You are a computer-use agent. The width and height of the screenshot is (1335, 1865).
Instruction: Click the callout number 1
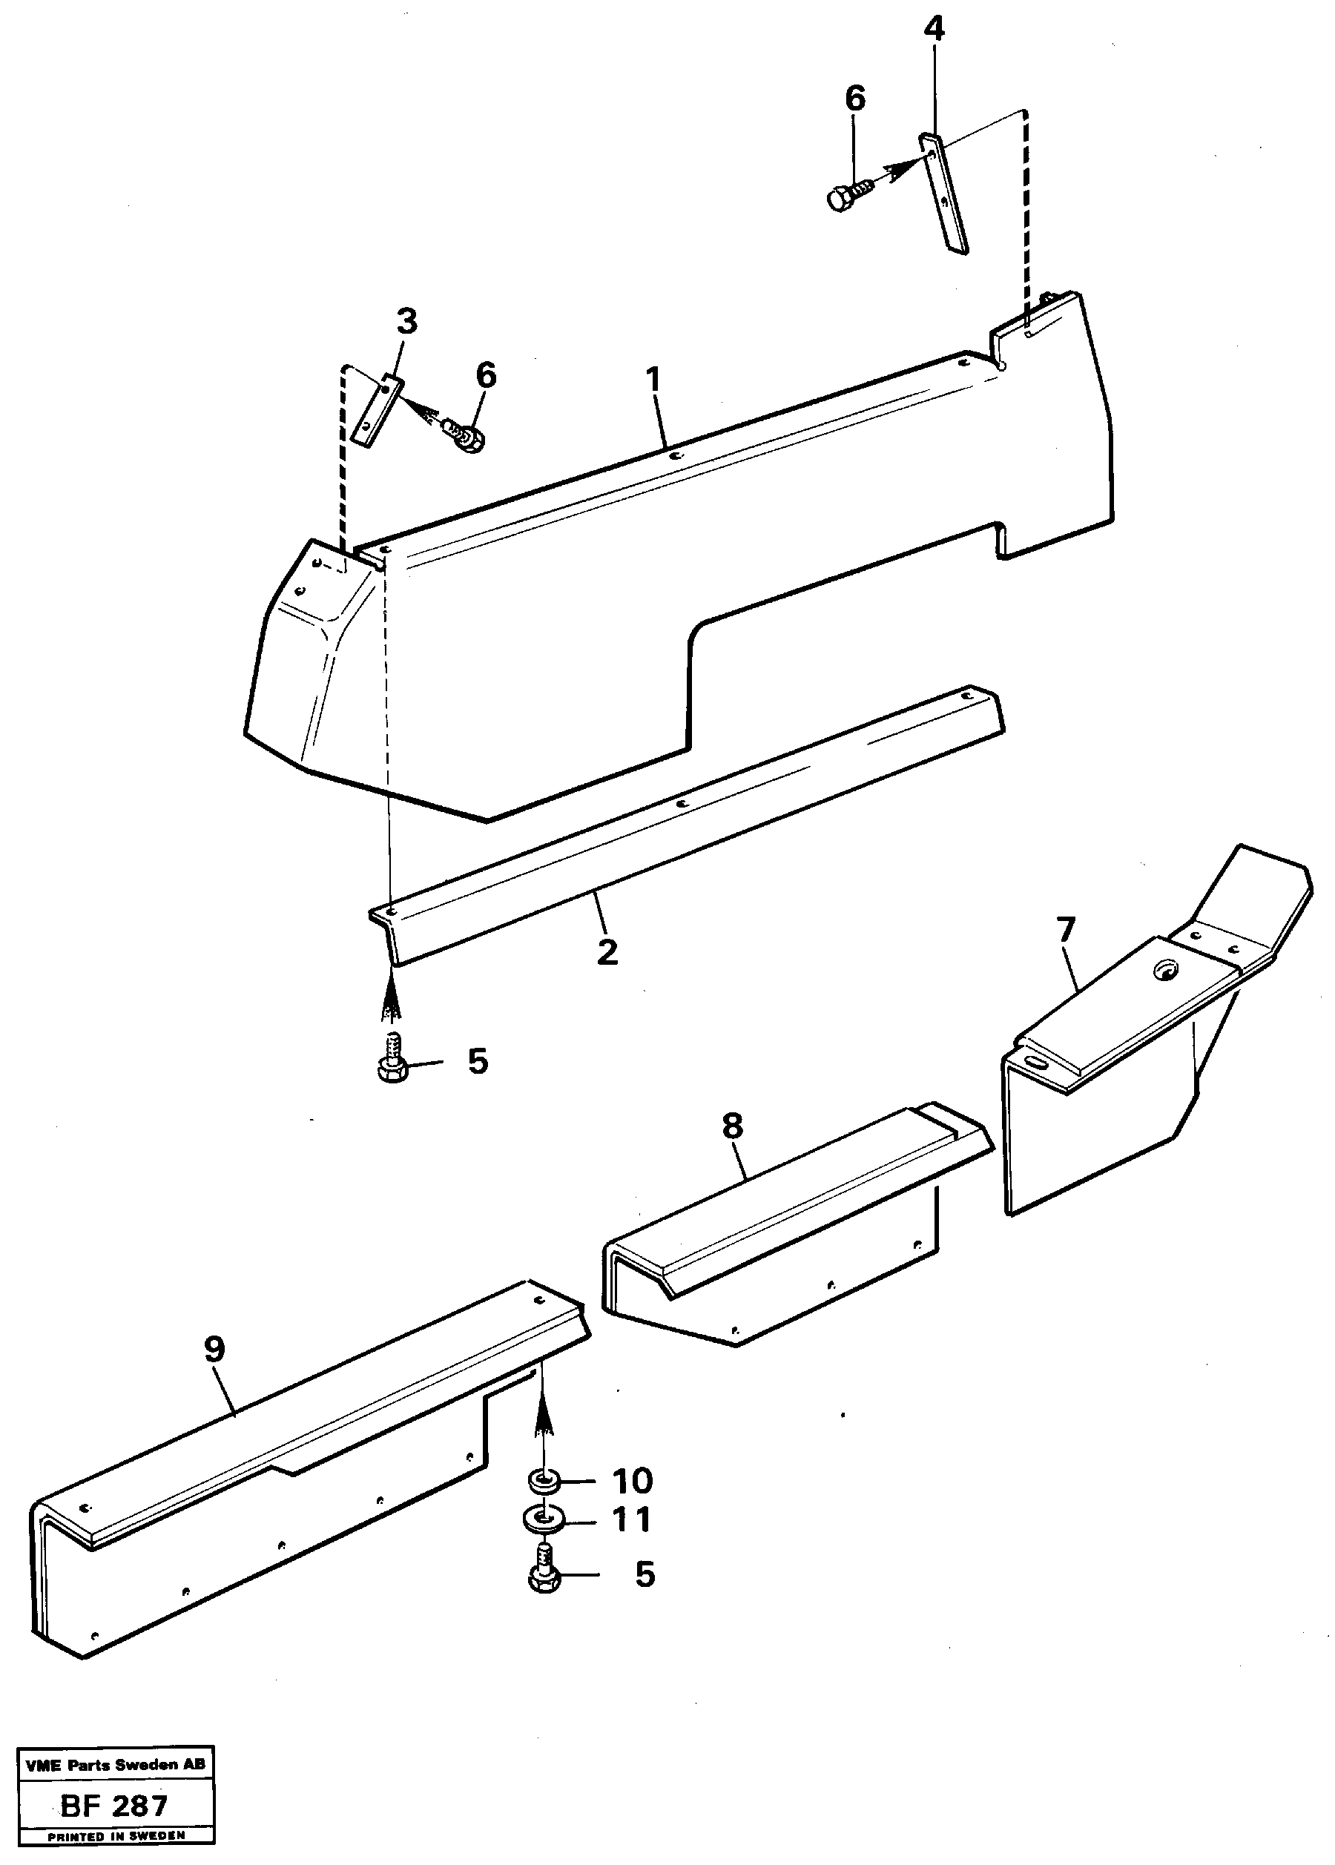(x=653, y=380)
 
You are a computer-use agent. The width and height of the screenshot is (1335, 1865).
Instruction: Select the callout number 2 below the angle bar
(x=607, y=952)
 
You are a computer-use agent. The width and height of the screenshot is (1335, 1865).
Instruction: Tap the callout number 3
(x=406, y=321)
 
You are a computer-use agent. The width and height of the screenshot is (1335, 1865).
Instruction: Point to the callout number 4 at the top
(x=934, y=30)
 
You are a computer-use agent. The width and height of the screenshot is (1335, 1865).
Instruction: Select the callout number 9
(x=214, y=1349)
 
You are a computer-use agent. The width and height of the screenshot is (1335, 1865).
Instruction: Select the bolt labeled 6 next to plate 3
(x=466, y=434)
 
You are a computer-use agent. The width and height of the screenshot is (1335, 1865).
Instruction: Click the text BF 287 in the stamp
(x=114, y=1805)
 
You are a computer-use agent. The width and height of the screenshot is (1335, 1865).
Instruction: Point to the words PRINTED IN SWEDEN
(x=115, y=1835)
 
